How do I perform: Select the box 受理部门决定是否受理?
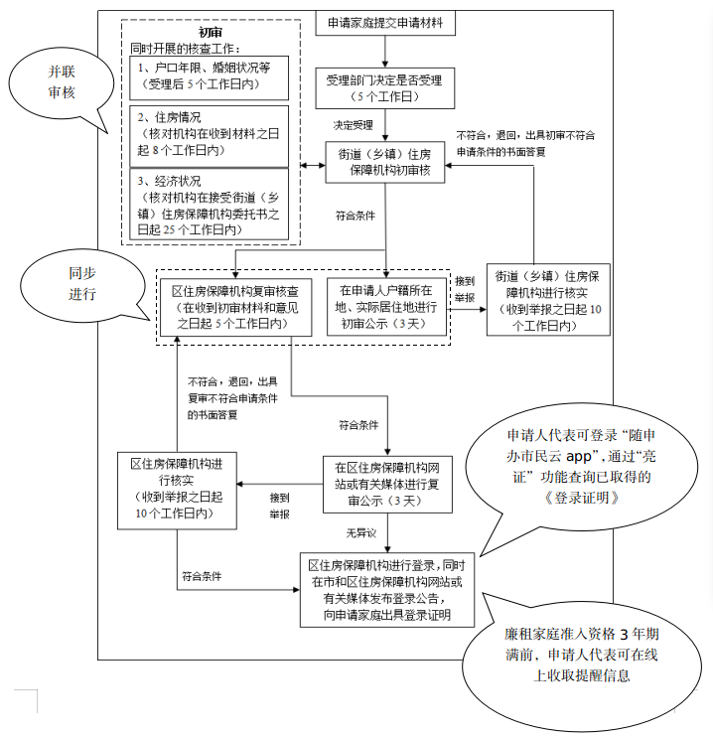click(385, 87)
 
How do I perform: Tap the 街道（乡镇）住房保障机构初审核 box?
click(385, 162)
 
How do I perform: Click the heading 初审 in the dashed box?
click(210, 32)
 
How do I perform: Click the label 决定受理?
click(353, 126)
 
